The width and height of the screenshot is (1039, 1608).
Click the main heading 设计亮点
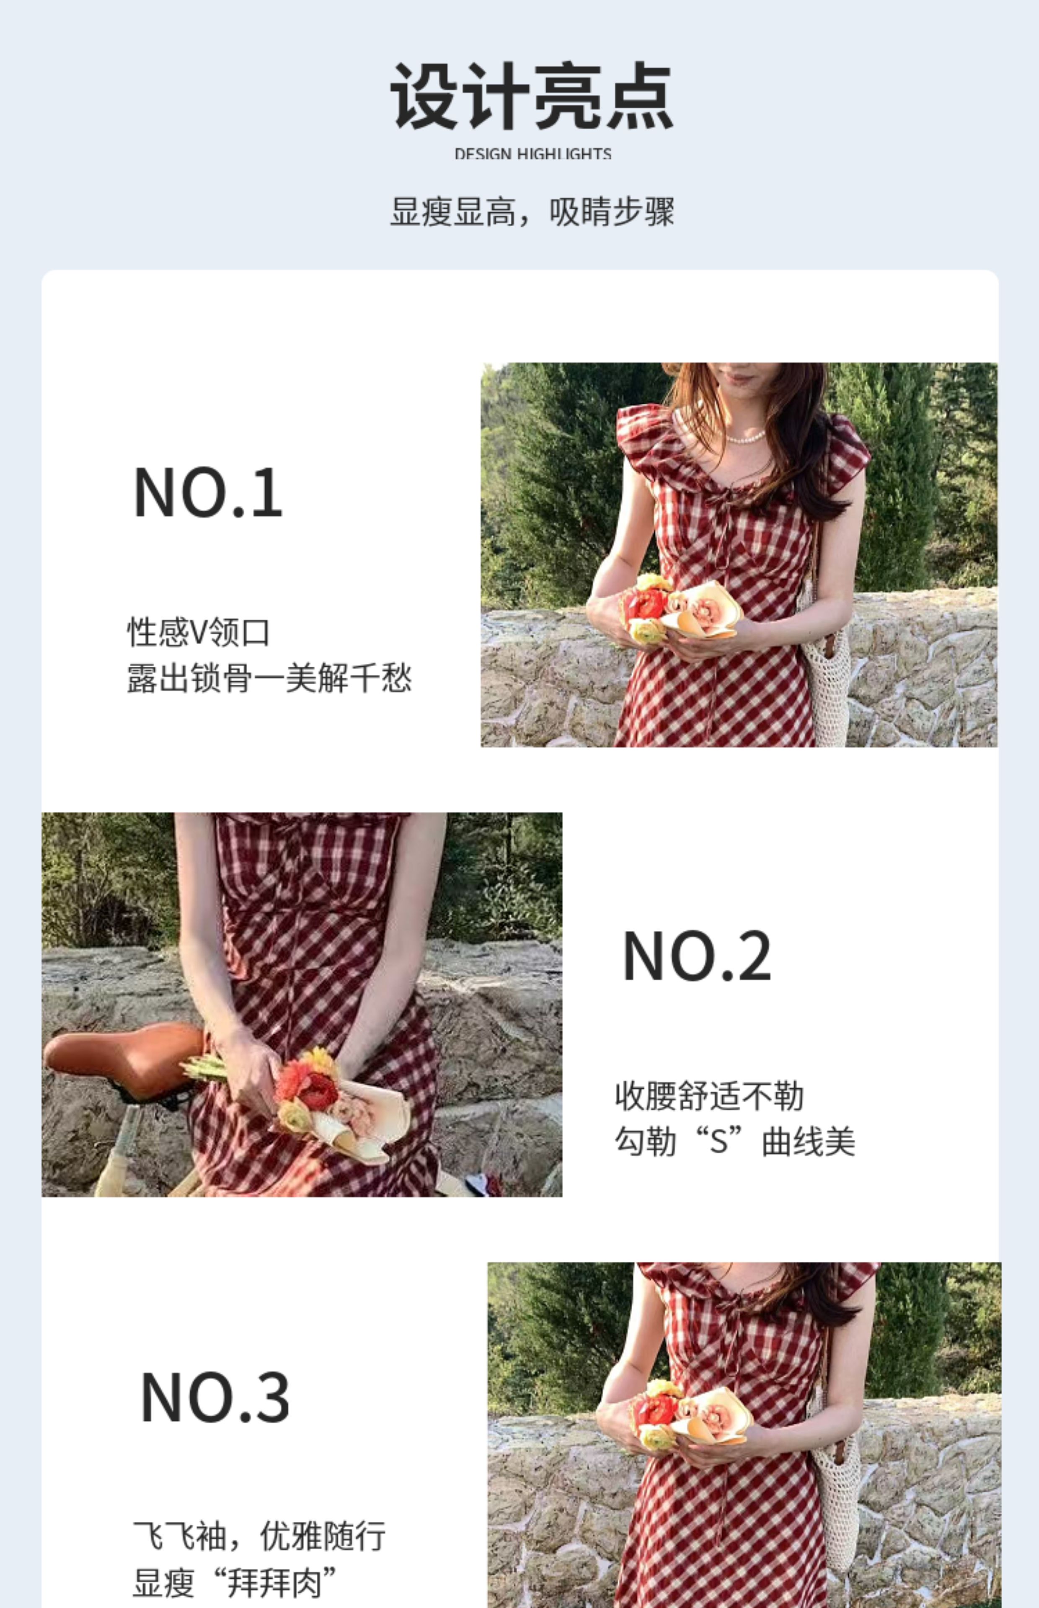tap(532, 96)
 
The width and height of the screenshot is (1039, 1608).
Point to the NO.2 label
tap(696, 955)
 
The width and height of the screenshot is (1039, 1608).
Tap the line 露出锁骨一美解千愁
tap(269, 678)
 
